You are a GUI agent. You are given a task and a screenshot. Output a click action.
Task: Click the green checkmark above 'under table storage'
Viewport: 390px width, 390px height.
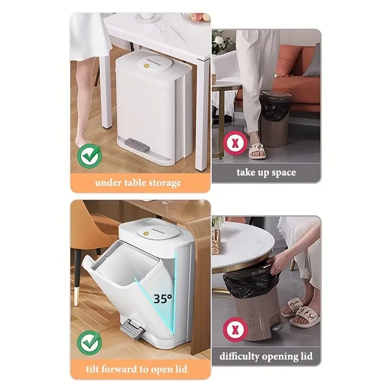pyautogui.click(x=91, y=156)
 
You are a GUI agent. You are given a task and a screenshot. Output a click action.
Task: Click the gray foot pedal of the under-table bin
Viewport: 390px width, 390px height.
pyautogui.click(x=138, y=144)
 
